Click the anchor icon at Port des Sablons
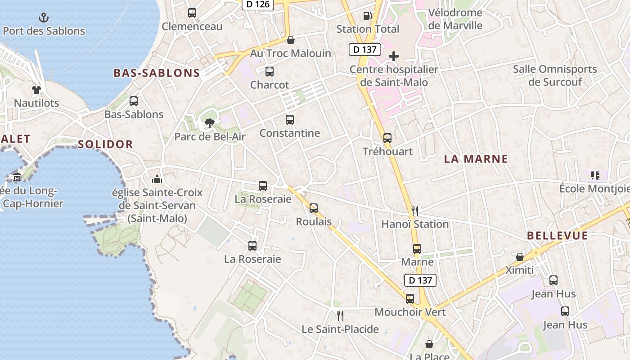[44, 18]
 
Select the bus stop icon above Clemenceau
[192, 13]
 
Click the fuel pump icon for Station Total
[368, 16]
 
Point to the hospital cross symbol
[394, 56]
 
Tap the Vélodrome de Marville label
[455, 19]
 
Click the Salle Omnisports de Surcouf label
[555, 75]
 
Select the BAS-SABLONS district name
[157, 73]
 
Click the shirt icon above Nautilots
[36, 90]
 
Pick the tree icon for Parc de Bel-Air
[209, 123]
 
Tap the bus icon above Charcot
[270, 72]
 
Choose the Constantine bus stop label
[290, 133]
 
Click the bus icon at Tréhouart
[387, 138]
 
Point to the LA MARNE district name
[476, 159]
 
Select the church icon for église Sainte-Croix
[157, 180]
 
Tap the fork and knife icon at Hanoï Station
[415, 210]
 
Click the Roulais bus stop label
[314, 222]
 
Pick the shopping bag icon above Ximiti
[520, 257]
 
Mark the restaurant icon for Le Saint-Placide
[340, 315]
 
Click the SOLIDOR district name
[105, 144]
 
